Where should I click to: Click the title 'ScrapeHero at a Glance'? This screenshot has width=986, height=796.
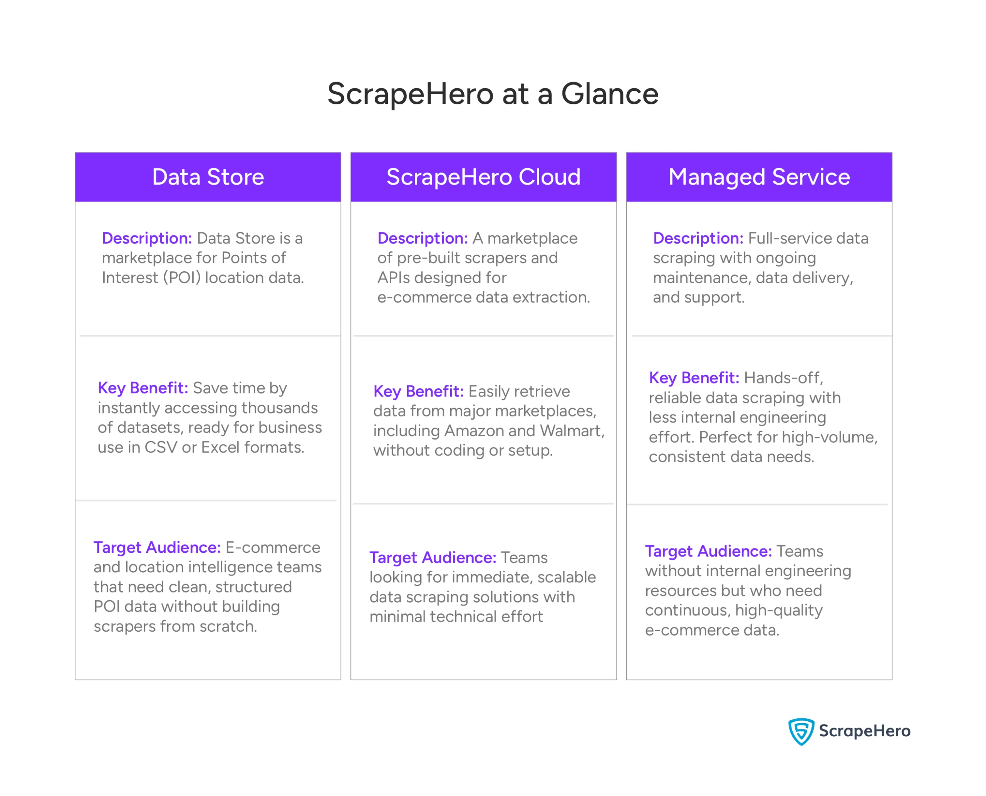pos(492,94)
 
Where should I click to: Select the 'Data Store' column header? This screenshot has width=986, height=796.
pos(208,177)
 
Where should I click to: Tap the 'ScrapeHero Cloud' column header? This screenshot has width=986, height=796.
pos(483,177)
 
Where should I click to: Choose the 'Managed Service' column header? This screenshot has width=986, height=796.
pos(759,177)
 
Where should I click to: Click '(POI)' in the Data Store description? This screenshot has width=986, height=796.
pos(182,278)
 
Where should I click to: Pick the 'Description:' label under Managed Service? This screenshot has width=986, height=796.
pos(698,238)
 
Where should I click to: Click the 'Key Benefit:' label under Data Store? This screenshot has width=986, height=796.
pos(143,388)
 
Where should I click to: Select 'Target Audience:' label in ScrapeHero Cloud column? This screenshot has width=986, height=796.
pos(433,558)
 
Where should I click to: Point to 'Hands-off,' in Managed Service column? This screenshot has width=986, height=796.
pos(783,378)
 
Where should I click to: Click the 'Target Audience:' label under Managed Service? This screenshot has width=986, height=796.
pos(708,551)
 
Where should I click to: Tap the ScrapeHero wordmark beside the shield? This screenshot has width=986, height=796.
pos(864,731)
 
